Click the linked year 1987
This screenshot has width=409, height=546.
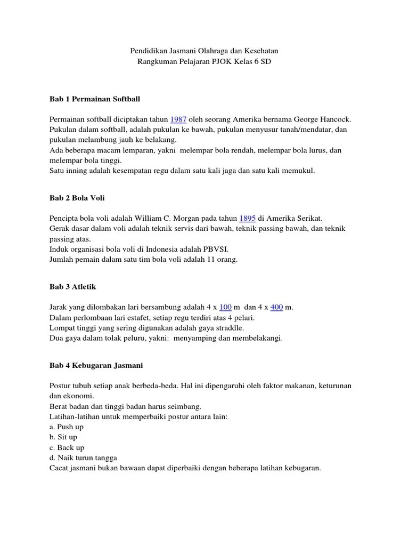pos(177,119)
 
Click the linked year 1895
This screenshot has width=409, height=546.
pos(248,218)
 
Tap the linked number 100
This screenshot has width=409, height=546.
pos(225,307)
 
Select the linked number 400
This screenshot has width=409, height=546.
pos(276,307)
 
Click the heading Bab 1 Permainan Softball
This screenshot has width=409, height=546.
pos(95,99)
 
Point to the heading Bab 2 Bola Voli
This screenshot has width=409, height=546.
pos(77,198)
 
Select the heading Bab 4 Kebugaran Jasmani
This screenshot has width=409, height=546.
pos(96,366)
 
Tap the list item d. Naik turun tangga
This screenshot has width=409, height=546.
pos(83,457)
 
